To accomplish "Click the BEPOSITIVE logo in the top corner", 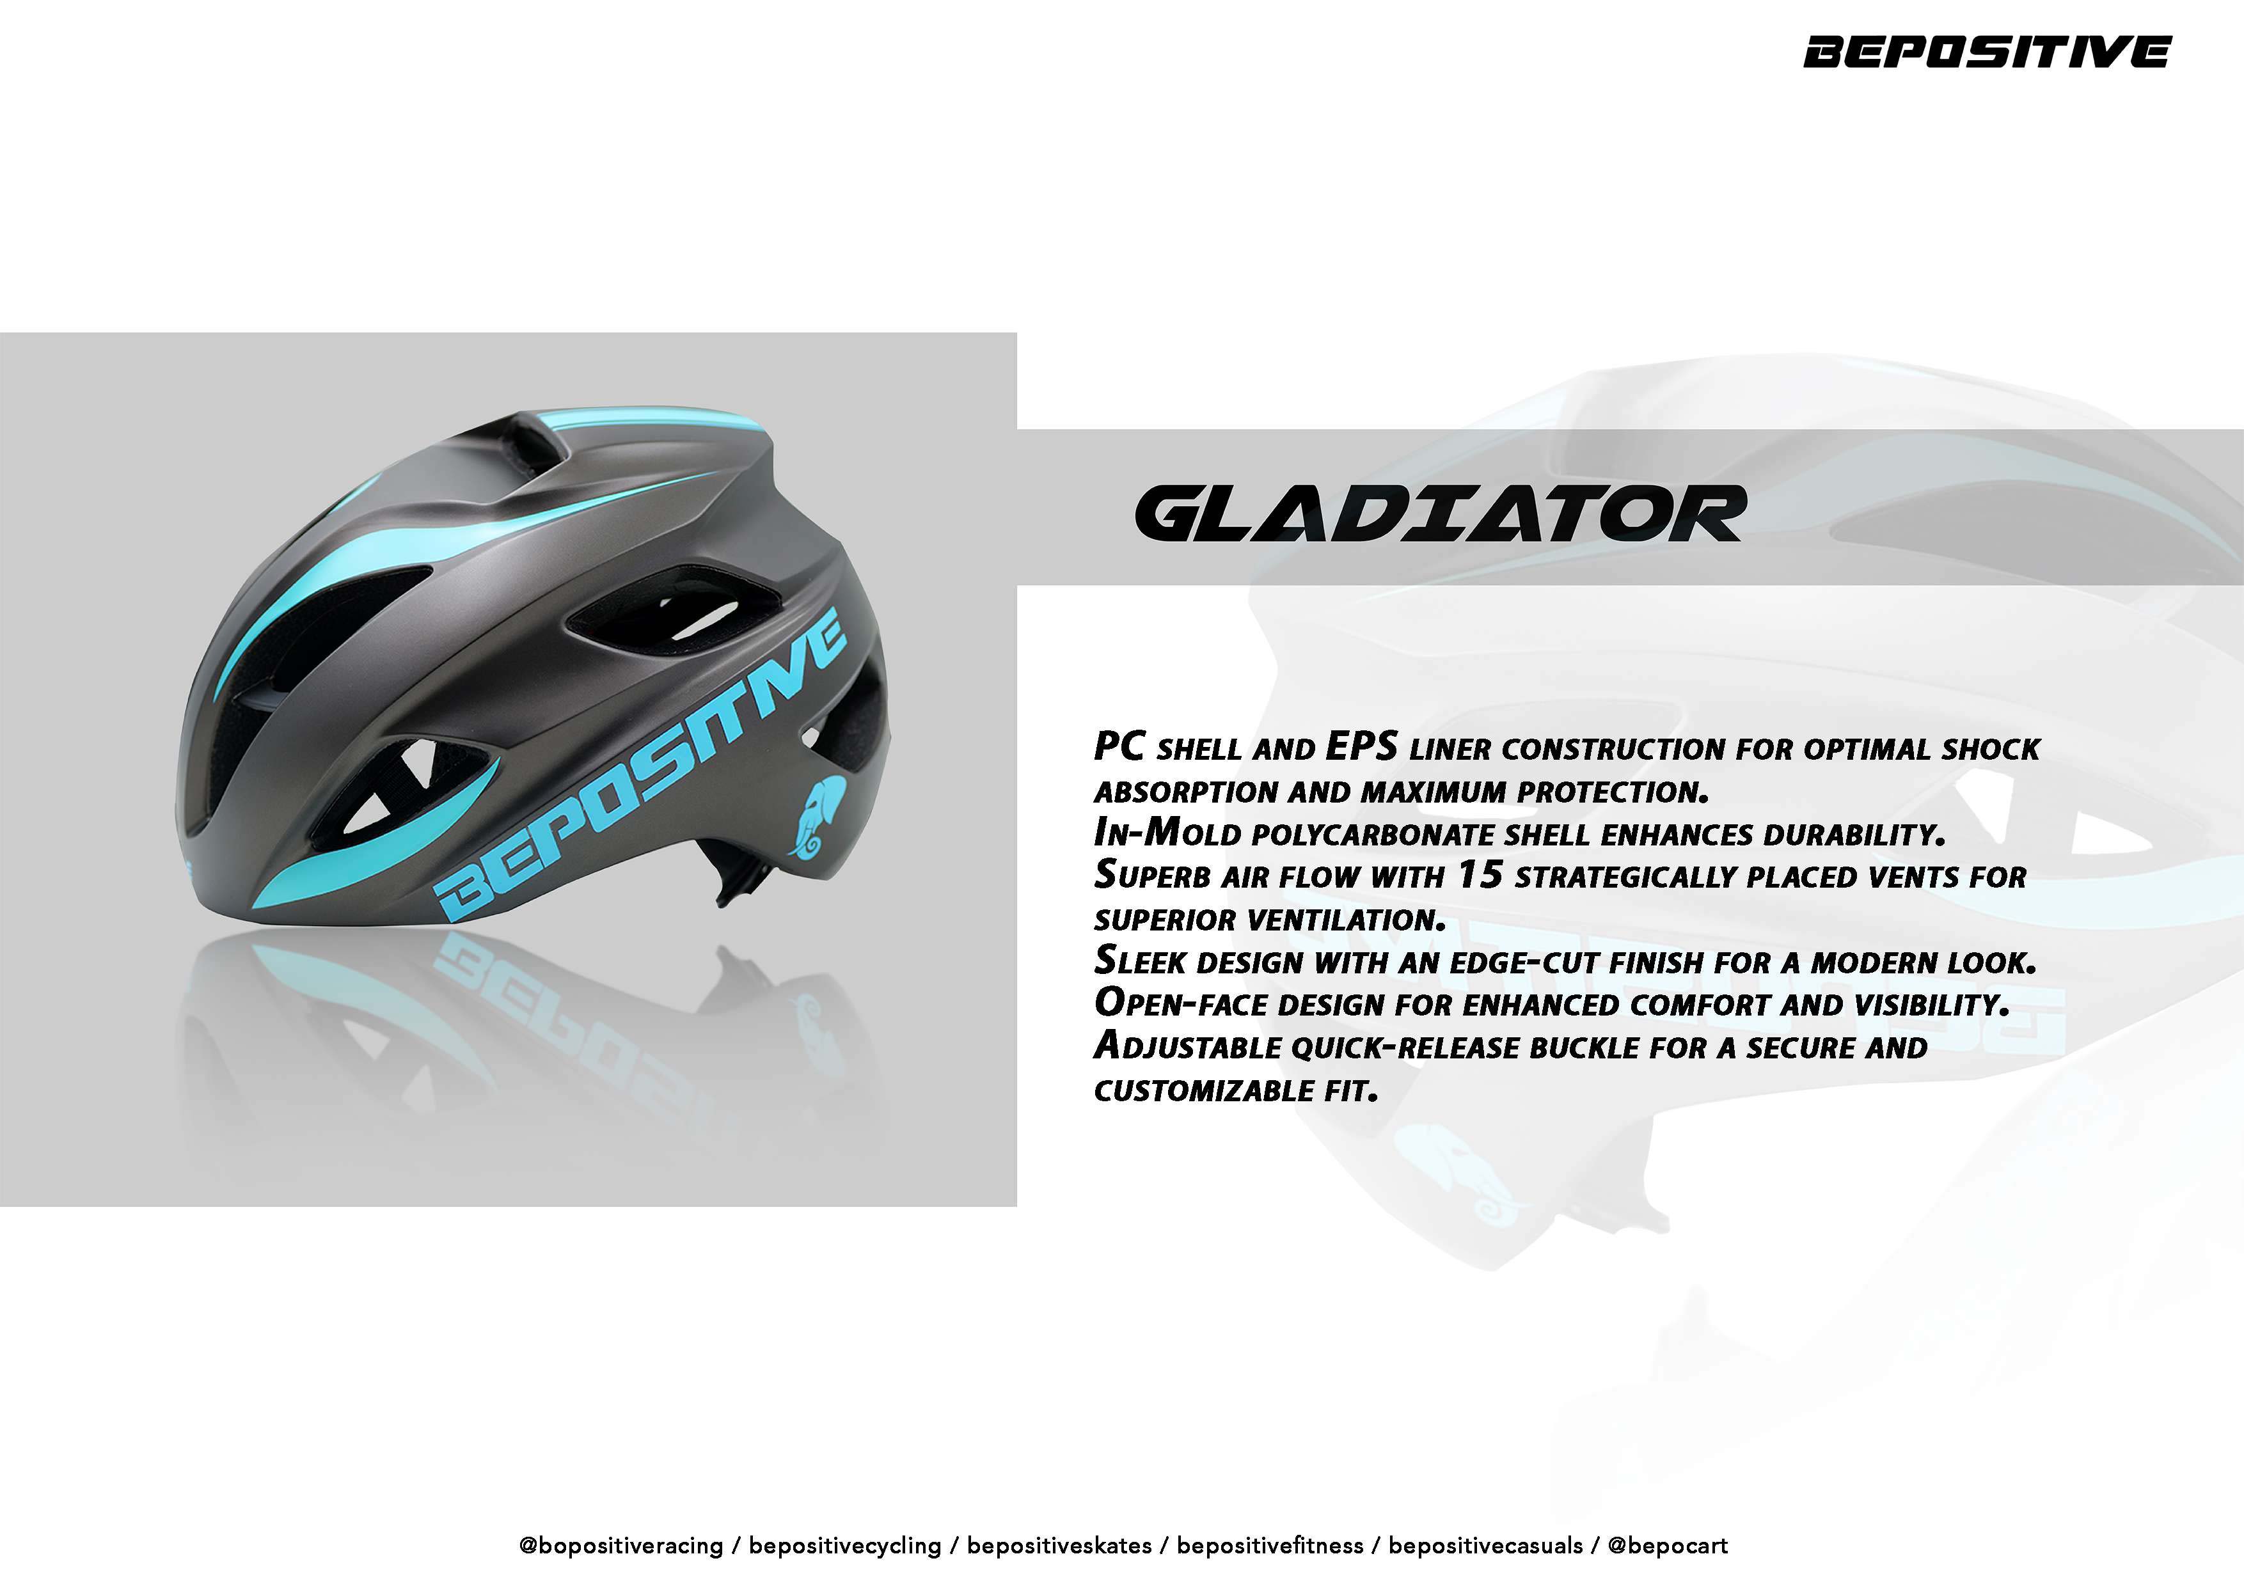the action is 1986,52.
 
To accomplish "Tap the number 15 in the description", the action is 1479,875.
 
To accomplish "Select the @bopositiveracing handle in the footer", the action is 622,1545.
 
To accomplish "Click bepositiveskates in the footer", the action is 1059,1545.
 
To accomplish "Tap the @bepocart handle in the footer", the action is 1668,1545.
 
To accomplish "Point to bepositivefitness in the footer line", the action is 1270,1545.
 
